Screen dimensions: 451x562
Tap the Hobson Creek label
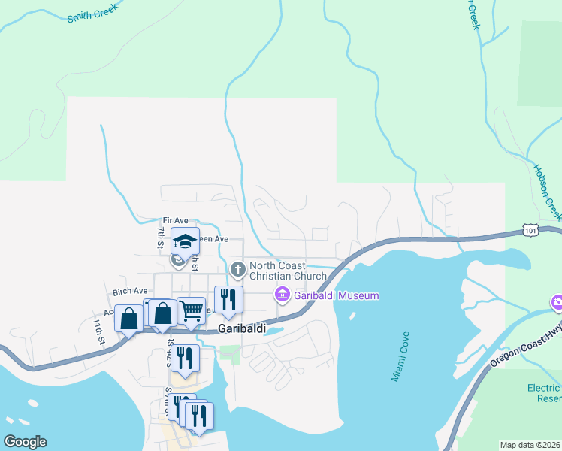point(547,192)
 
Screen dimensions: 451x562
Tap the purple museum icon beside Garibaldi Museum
point(283,295)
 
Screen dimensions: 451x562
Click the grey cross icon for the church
point(237,269)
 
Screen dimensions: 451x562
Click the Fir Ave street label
point(175,220)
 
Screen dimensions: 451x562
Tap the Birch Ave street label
point(130,291)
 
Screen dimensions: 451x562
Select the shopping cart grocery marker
point(192,308)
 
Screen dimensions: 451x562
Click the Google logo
point(24,442)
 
